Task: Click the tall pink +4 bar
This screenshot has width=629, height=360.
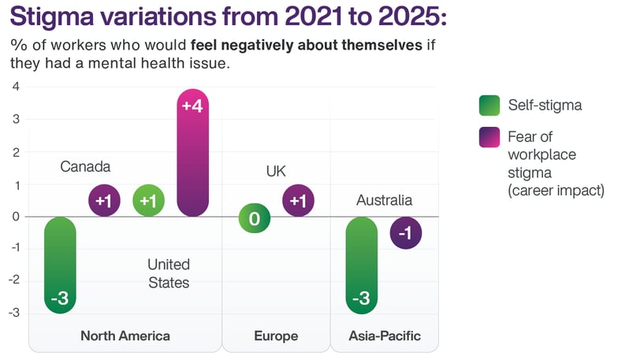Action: tap(193, 153)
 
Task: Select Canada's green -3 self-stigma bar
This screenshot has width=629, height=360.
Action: tap(60, 265)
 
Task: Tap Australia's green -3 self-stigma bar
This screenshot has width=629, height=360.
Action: tap(363, 265)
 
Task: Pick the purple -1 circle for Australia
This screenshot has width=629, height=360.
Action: tap(406, 232)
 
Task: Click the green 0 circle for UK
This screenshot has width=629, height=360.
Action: tap(255, 218)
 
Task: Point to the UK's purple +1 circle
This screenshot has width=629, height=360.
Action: tap(298, 200)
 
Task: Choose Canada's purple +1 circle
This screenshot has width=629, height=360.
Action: tap(103, 200)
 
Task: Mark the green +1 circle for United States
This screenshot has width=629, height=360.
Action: tap(147, 200)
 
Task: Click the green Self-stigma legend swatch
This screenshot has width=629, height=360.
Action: tap(489, 105)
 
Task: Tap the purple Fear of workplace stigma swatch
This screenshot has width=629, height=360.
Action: tap(489, 137)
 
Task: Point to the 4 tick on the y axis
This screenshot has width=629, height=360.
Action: tap(17, 87)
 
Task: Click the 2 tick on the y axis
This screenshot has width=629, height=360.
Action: tap(17, 152)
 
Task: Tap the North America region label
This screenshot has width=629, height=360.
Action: tap(125, 336)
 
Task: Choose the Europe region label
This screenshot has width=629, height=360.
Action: tap(276, 336)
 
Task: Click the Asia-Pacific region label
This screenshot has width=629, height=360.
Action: tap(385, 336)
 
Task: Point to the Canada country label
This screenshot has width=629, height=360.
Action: tap(85, 167)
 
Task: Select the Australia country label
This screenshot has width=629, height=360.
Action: tap(384, 200)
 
